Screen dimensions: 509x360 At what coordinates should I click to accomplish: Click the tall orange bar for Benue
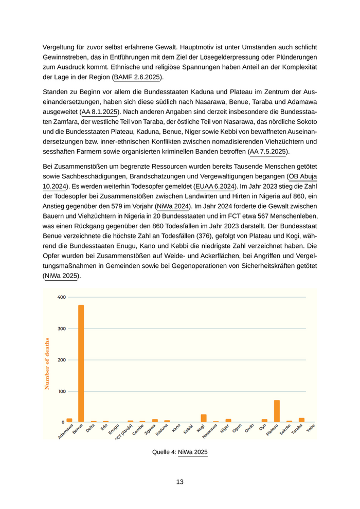click(81, 363)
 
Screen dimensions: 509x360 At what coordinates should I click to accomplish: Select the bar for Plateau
click(277, 411)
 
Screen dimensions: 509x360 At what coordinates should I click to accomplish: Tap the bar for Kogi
click(204, 418)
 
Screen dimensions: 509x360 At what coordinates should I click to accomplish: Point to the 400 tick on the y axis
click(61, 297)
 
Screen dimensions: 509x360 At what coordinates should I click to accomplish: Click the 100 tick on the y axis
click(61, 391)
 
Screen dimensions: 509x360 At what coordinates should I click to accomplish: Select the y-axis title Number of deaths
click(47, 363)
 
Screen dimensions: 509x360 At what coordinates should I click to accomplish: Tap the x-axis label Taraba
click(298, 429)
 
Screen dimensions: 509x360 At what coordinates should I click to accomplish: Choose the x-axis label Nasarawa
click(210, 430)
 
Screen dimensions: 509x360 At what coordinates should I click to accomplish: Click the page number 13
click(179, 482)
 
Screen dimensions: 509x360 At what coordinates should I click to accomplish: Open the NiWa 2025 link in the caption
click(193, 452)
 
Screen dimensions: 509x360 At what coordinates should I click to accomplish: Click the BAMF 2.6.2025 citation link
click(137, 77)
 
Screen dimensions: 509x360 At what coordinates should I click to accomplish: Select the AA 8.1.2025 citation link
click(100, 112)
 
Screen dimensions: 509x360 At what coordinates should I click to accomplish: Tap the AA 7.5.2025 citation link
click(268, 151)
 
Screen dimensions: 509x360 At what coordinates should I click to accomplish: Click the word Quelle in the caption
click(163, 452)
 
